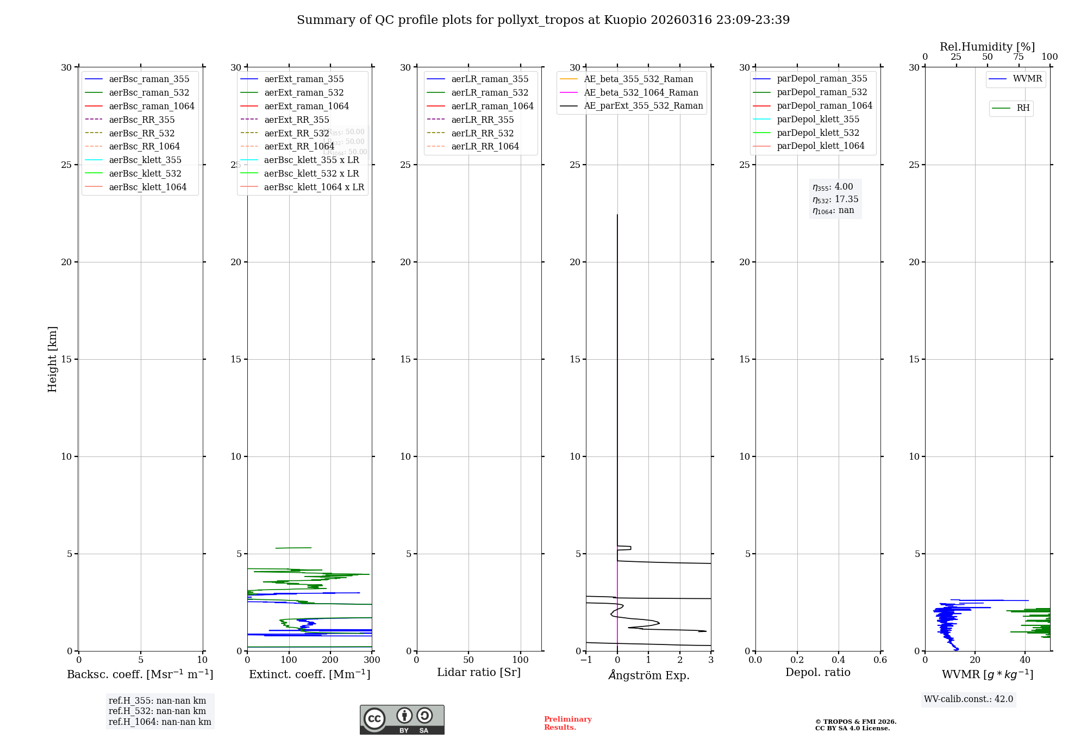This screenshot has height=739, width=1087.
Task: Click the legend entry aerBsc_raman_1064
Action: click(x=151, y=106)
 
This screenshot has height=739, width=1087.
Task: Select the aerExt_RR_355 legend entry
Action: click(x=296, y=120)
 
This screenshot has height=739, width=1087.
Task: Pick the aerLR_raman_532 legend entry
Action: click(x=490, y=92)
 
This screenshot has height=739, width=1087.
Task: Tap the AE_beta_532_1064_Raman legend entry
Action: click(x=641, y=92)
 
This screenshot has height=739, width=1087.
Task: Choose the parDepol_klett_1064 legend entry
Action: click(x=820, y=146)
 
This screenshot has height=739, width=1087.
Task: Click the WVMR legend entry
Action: click(x=1027, y=79)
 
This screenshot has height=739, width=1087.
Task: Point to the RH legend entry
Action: click(x=1023, y=108)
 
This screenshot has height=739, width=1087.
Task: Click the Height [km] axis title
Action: click(x=52, y=359)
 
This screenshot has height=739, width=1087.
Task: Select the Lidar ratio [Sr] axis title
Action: click(x=479, y=672)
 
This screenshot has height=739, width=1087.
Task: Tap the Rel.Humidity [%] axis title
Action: click(x=987, y=47)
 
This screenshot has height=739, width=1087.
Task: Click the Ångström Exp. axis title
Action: click(x=649, y=675)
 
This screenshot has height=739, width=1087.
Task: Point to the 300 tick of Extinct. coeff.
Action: click(x=372, y=660)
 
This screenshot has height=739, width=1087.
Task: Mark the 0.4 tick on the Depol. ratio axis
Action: click(x=839, y=660)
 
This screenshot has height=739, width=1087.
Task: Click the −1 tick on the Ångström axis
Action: click(x=586, y=660)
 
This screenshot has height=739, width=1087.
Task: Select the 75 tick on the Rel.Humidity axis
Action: click(x=1019, y=57)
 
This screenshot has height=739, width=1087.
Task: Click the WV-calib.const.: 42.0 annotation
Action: click(x=969, y=699)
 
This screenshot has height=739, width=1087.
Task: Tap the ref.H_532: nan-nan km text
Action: click(x=157, y=711)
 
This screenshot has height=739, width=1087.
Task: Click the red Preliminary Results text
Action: click(x=567, y=723)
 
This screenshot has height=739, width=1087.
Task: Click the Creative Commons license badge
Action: click(x=402, y=719)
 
